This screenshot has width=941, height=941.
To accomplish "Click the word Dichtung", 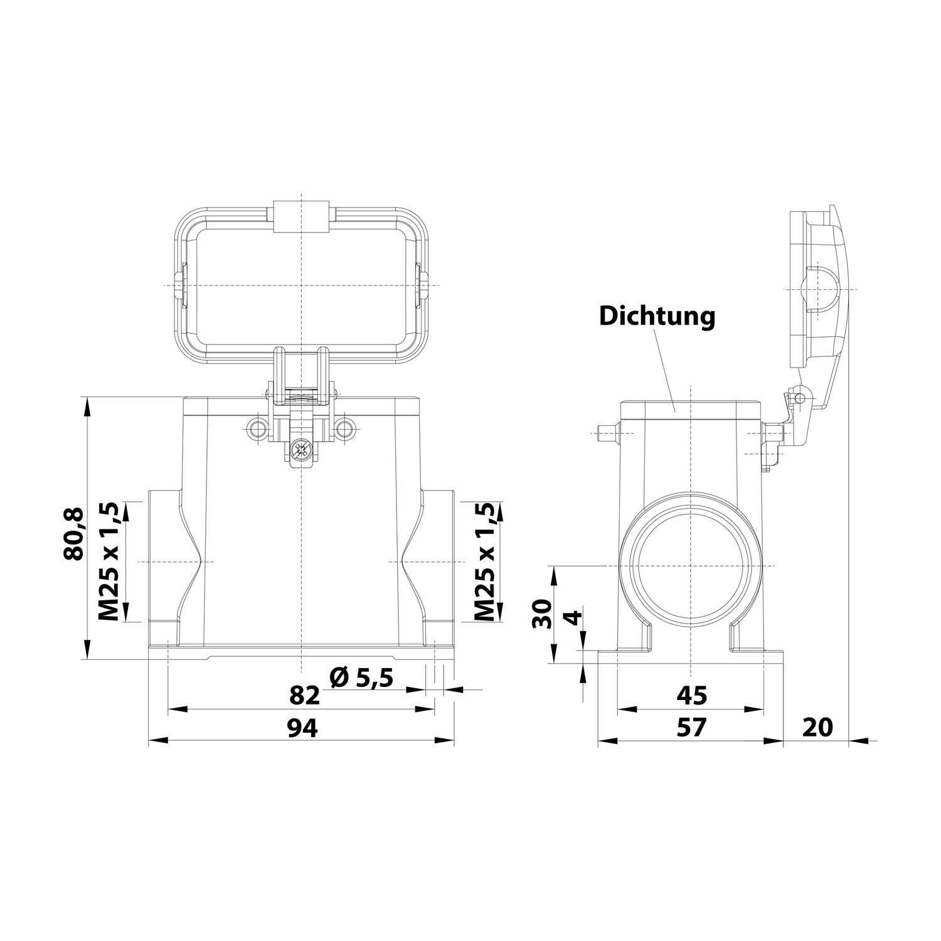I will click(657, 316).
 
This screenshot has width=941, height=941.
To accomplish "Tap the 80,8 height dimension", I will click(73, 533).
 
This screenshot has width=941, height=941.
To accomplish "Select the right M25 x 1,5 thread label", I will click(485, 561).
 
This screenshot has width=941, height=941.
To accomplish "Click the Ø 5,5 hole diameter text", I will click(361, 678).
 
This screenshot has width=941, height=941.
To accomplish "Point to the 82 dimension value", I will click(305, 696).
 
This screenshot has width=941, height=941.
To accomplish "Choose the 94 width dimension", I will click(303, 728).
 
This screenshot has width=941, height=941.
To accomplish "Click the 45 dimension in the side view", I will click(692, 695).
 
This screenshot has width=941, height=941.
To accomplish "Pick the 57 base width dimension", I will click(691, 728).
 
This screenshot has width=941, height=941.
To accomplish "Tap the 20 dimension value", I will click(817, 727).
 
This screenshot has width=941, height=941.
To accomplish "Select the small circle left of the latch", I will click(257, 429).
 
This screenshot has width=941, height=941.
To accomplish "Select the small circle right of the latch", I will click(344, 429).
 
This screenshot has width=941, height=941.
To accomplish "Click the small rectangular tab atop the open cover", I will click(302, 217).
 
